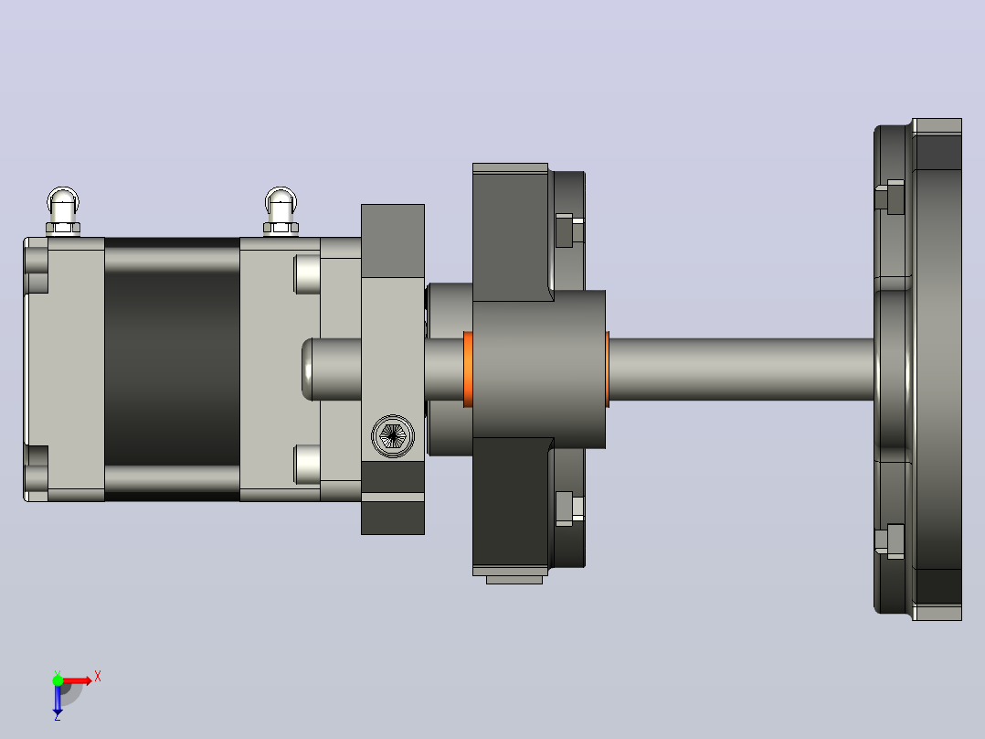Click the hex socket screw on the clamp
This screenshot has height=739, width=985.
tap(393, 435)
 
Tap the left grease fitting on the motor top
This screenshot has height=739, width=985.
tap(63, 211)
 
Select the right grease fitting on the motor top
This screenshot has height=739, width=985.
tap(281, 211)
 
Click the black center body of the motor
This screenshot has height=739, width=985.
tap(172, 369)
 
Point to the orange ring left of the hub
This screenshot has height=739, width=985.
tap(468, 369)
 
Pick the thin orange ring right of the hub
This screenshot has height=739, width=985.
tap(608, 369)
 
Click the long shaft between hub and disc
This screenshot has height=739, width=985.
tap(741, 369)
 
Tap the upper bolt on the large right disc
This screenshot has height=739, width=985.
tap(890, 197)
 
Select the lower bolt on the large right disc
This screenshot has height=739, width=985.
tap(890, 541)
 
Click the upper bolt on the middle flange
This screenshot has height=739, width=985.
tap(570, 230)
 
